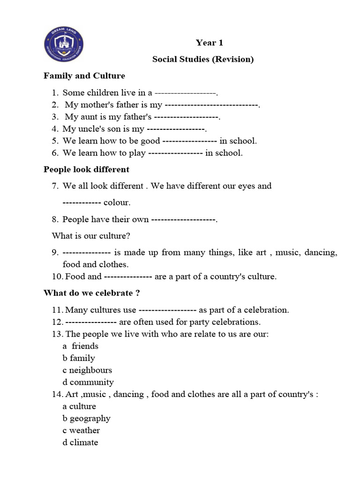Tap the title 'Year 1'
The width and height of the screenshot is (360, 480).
point(209,43)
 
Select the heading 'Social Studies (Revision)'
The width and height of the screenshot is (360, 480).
point(203,59)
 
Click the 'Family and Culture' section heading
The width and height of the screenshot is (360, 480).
point(84,75)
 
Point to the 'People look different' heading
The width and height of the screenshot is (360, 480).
point(86,169)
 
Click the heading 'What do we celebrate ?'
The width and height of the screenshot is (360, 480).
point(92,293)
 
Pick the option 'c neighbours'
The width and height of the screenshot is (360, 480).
point(87,370)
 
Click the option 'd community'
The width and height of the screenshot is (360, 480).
point(88,382)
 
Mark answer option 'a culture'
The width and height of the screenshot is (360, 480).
point(79,406)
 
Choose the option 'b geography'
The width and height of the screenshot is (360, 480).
point(86,418)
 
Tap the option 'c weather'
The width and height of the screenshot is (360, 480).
point(81,430)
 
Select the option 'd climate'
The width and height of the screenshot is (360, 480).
point(80,442)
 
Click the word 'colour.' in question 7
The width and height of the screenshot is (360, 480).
point(117,202)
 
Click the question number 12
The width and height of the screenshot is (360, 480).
point(57,322)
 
